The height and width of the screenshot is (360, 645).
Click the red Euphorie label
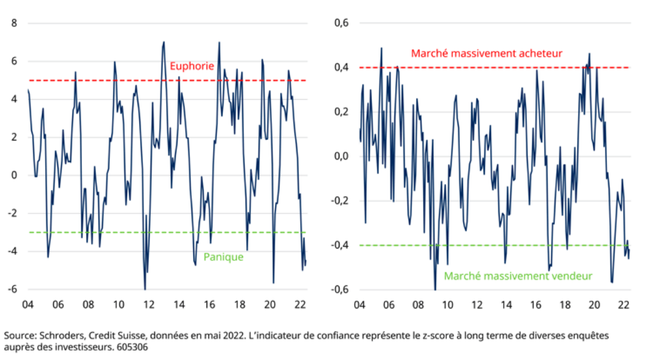192,66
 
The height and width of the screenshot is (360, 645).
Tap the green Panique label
223,257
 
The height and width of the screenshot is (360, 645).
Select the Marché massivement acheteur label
487,53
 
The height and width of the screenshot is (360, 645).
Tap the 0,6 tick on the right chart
342,23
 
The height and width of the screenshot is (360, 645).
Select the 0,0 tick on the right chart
342,157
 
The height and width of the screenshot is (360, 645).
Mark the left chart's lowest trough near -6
145,289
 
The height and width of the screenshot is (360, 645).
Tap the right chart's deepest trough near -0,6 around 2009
435,289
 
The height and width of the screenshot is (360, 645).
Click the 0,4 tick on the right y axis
342,68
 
